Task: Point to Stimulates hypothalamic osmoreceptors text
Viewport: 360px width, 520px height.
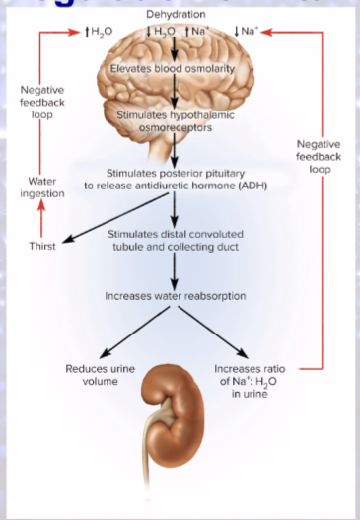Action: [175, 121]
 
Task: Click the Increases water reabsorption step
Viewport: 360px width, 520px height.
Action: [175, 295]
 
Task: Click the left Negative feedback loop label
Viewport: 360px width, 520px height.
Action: [42, 101]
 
